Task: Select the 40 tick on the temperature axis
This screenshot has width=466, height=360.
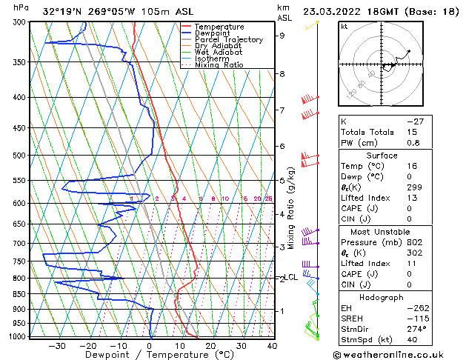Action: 272,345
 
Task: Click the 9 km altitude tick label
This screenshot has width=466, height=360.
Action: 282,35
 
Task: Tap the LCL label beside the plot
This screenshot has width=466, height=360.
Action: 290,278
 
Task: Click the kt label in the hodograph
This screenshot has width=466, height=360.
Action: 344,27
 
